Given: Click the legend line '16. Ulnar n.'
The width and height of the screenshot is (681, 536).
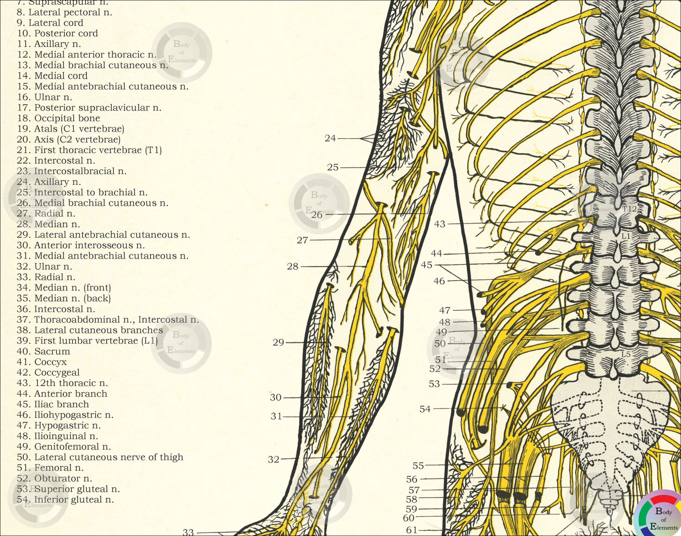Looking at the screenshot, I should point(44,97).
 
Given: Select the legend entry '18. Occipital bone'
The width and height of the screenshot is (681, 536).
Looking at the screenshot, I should point(58,118).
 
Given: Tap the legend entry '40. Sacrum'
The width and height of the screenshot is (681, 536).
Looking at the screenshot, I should point(43,351).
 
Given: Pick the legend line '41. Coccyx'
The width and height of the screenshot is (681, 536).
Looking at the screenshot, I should point(41,362).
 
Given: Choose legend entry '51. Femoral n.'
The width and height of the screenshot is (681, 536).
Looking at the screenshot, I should point(50,468).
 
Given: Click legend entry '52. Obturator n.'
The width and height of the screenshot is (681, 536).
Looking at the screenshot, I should point(54,478).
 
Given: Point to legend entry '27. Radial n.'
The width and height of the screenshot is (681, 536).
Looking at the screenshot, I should point(46,214).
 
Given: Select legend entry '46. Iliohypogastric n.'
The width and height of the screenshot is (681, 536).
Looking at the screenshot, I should point(65,415).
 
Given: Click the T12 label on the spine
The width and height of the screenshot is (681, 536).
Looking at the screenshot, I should point(630,209).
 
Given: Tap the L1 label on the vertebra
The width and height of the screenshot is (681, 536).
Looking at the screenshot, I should point(626,236).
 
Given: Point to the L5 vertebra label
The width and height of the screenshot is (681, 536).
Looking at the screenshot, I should point(626,355).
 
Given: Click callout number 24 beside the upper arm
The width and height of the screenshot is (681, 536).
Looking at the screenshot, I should point(330,138).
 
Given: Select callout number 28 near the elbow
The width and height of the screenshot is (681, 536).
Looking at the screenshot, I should point(293,266).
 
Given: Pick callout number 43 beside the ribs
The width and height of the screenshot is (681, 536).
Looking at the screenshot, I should point(440,224).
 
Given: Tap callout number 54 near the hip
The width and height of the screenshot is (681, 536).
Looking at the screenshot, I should point(425,409).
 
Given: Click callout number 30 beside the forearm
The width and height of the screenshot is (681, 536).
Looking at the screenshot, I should point(276,398).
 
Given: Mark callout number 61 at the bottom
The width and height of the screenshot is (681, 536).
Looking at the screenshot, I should point(412,530).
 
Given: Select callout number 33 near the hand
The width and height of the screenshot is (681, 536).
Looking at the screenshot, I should point(188,532).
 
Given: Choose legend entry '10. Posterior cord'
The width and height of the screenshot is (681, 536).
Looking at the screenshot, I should point(57,34).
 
